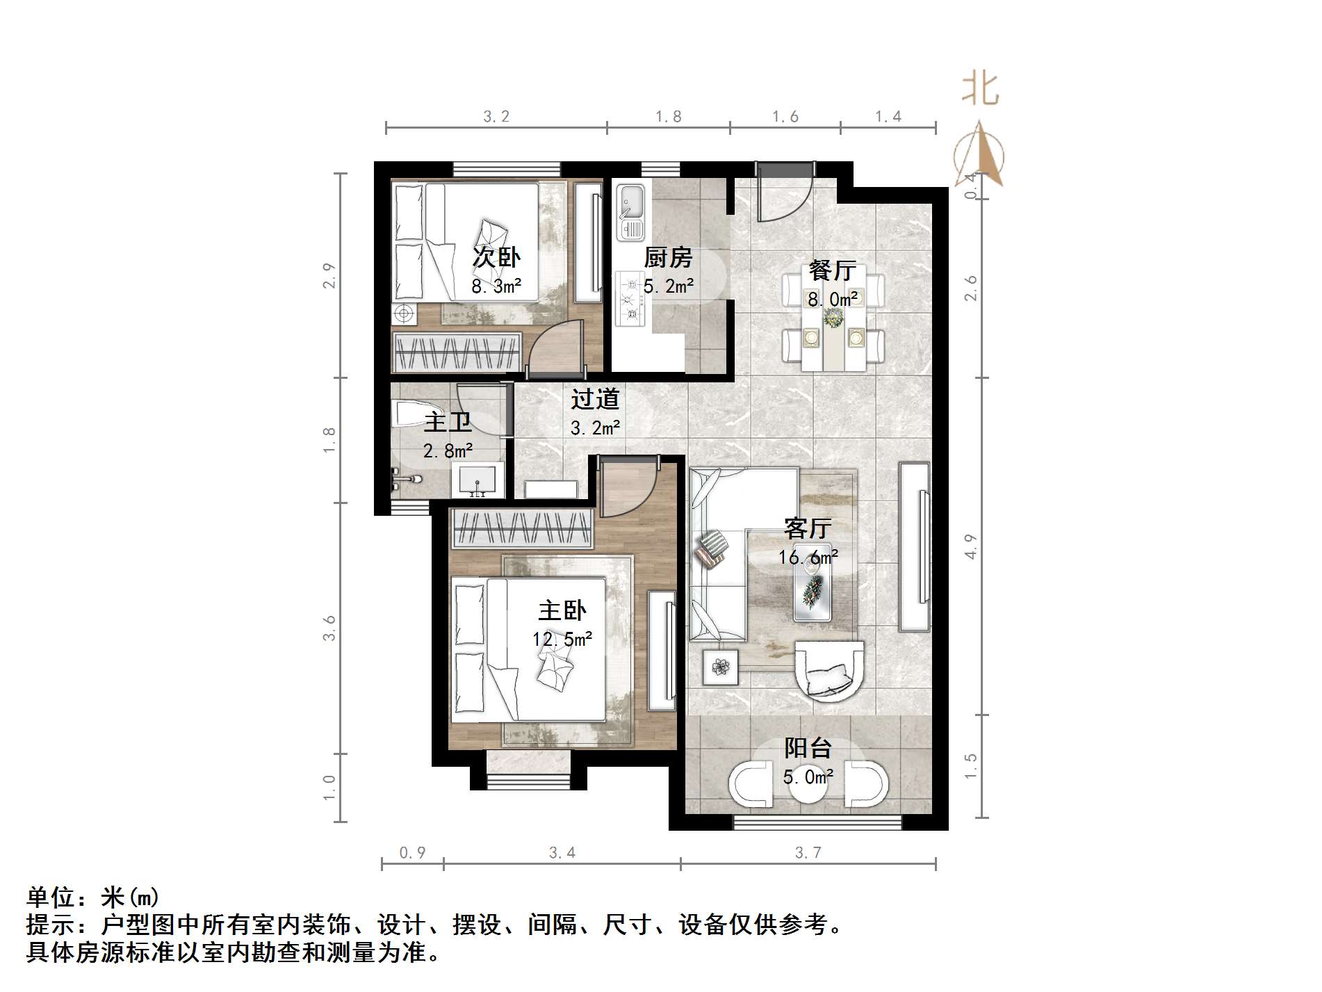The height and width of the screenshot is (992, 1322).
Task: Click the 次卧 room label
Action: [x=496, y=257]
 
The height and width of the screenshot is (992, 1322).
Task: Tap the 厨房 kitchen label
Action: [x=668, y=258]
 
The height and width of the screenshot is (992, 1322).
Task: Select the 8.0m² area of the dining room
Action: [x=833, y=300]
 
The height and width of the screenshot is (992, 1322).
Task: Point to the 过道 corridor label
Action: [x=595, y=399]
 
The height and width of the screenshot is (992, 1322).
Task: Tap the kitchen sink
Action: [x=632, y=212]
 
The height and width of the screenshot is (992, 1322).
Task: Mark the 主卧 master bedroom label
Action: [x=562, y=610]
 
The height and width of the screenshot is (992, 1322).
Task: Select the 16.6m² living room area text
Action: [x=808, y=558]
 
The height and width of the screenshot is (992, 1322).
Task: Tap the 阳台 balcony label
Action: [x=808, y=748]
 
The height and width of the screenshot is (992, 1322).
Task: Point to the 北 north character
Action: [x=980, y=90]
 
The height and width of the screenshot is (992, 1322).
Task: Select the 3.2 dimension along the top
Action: [x=496, y=117]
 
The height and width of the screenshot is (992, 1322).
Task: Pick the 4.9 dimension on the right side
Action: [x=970, y=546]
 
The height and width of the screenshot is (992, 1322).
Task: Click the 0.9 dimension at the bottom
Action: [x=412, y=852]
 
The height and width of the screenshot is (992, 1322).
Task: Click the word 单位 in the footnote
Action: [x=50, y=897]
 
